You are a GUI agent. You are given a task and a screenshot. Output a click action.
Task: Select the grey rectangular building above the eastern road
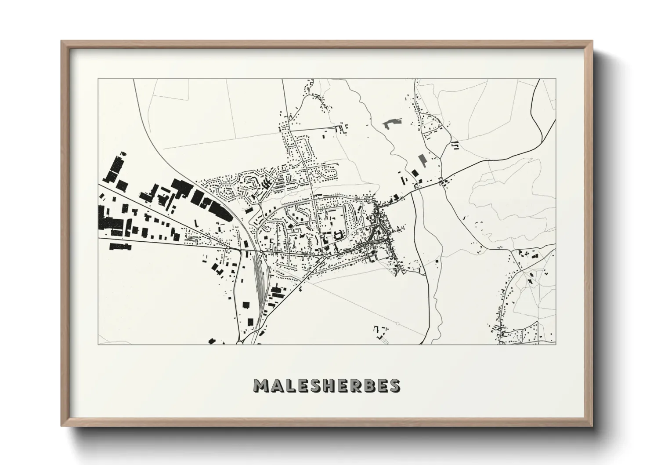click(x=422, y=160)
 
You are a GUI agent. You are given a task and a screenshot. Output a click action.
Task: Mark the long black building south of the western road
click(x=120, y=246)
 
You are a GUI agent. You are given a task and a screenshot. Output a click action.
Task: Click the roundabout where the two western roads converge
click(x=228, y=248)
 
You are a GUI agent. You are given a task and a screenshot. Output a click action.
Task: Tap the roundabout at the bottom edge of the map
click(x=240, y=342)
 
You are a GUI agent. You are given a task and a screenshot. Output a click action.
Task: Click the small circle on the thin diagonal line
click(x=397, y=324)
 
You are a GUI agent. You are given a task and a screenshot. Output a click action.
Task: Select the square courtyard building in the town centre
click(x=339, y=236)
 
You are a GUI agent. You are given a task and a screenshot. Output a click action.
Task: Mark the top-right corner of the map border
click(x=556, y=79)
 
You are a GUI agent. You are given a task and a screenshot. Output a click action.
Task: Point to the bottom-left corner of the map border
click(x=98, y=344)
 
